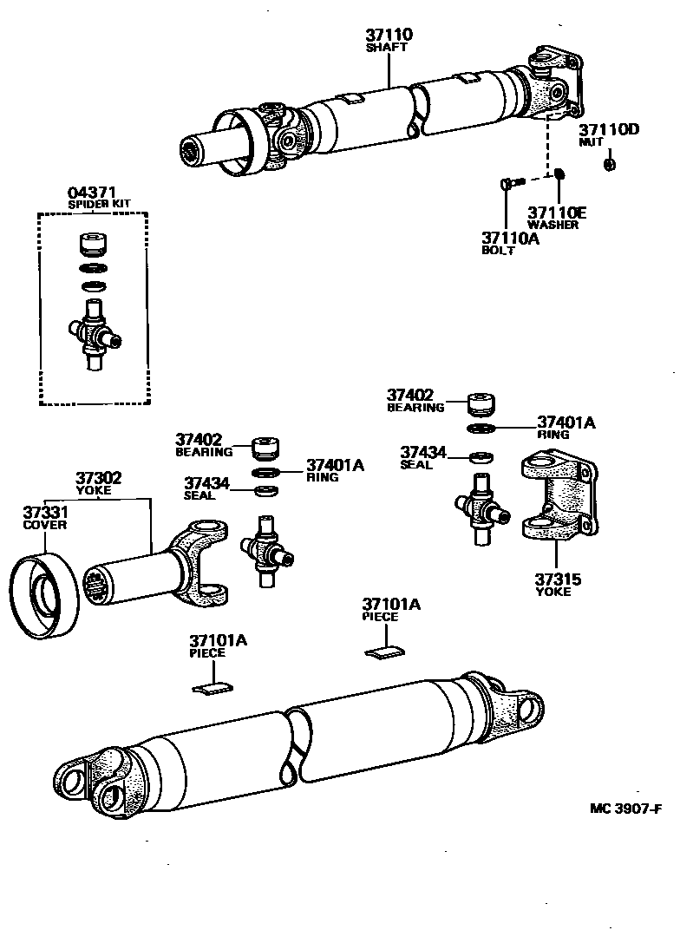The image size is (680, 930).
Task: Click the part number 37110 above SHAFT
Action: click(x=388, y=36)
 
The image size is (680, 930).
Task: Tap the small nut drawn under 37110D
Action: click(x=609, y=164)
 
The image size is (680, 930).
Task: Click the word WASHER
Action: click(x=553, y=225)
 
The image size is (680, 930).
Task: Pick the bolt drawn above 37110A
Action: click(x=510, y=183)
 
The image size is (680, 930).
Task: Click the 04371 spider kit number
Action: click(x=93, y=193)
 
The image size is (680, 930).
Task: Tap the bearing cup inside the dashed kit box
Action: click(x=93, y=243)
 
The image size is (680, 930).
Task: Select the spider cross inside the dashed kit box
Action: click(x=94, y=334)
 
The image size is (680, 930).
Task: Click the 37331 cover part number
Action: click(x=45, y=513)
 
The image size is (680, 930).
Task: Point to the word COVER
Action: click(x=45, y=525)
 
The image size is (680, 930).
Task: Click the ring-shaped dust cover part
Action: click(x=44, y=597)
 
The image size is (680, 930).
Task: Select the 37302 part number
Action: click(x=98, y=478)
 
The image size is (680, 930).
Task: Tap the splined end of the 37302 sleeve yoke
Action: click(x=97, y=585)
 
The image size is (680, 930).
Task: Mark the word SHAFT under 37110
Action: click(x=387, y=48)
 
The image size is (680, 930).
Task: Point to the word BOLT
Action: click(x=498, y=251)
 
